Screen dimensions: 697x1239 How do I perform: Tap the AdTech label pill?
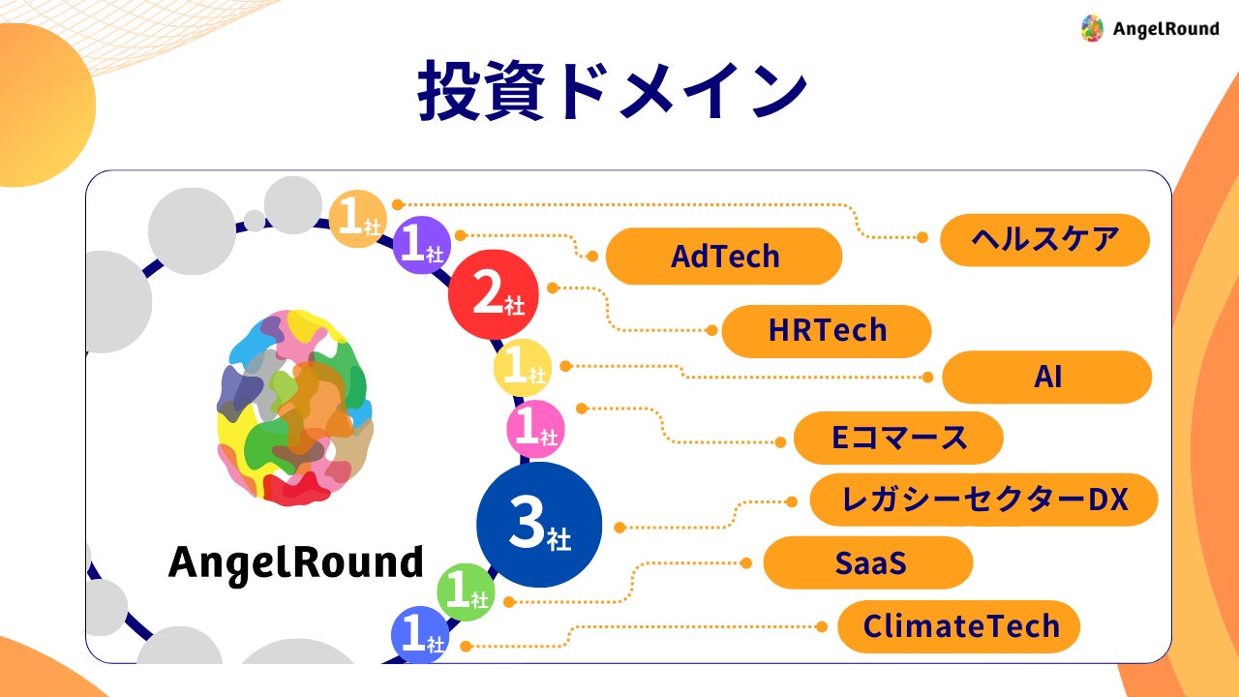(x=724, y=257)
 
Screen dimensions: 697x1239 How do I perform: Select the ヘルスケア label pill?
(x=1044, y=239)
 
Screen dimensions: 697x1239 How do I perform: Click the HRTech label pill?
(x=827, y=331)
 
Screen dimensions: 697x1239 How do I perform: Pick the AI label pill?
(x=1046, y=377)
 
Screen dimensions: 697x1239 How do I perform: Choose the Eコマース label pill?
(x=898, y=438)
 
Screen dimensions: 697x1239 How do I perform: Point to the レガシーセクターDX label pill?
(x=983, y=500)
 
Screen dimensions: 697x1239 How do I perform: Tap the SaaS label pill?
(x=868, y=562)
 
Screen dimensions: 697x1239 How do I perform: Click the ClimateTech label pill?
(x=959, y=626)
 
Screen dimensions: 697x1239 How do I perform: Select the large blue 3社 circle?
(x=539, y=525)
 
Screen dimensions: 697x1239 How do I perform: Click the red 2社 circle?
(x=494, y=293)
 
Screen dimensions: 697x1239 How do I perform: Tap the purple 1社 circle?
(x=421, y=245)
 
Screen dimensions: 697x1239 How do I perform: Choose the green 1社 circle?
(x=466, y=592)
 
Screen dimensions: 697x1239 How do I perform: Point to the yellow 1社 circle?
(x=523, y=369)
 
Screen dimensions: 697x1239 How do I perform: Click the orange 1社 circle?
(x=357, y=219)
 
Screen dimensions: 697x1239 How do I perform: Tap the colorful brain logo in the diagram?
(x=294, y=408)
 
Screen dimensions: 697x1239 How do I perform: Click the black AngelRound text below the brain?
(x=295, y=561)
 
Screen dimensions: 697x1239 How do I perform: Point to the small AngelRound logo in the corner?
(x=1149, y=28)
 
